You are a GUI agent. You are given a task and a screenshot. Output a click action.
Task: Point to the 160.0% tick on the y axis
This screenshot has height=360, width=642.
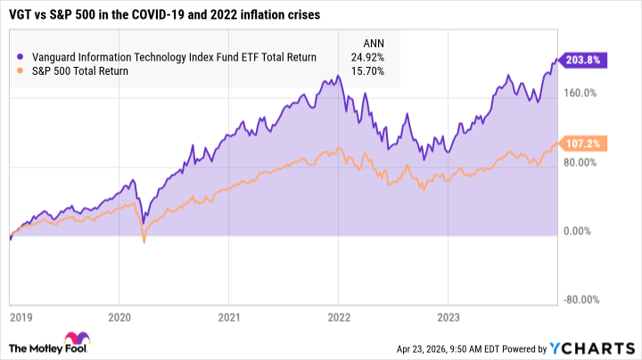point(580,93)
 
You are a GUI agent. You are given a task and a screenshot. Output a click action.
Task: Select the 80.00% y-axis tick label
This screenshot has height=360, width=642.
point(580,162)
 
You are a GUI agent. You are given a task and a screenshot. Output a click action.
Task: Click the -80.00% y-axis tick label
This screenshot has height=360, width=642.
point(580,300)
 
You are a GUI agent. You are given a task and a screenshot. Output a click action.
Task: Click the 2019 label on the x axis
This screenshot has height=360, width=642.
point(21,315)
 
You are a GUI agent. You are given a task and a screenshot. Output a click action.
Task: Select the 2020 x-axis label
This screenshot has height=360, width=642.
point(119,315)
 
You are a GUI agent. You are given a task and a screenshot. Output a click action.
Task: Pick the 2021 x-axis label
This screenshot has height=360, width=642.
point(229,315)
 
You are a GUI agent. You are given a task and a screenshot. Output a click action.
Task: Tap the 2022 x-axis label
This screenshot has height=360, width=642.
point(339,315)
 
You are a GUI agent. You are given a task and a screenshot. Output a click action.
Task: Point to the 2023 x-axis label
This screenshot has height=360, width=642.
point(449,315)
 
